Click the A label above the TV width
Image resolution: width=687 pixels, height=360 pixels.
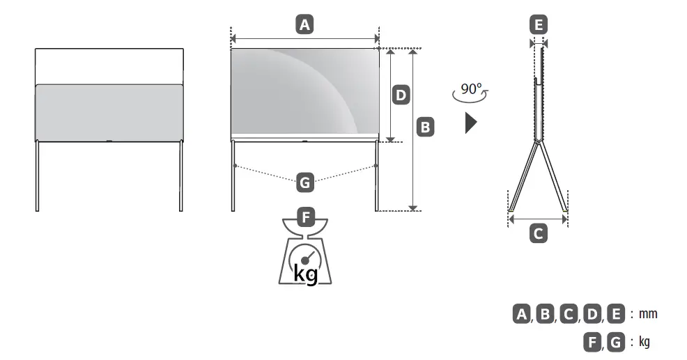click(x=304, y=26)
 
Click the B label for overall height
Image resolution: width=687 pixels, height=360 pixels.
click(x=425, y=127)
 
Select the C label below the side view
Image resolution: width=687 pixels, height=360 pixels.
click(x=538, y=234)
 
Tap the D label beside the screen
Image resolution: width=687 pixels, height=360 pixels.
click(x=401, y=95)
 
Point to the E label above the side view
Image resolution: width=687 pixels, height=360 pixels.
click(x=538, y=26)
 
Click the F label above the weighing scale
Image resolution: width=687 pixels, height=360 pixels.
click(x=304, y=216)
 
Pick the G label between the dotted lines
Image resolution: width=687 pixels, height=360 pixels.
click(x=304, y=183)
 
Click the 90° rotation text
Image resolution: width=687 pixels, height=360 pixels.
click(x=470, y=89)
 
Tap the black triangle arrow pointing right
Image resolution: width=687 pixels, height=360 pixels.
click(x=471, y=123)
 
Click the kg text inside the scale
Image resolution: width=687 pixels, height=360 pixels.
click(x=305, y=273)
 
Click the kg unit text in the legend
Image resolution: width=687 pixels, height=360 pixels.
click(x=644, y=342)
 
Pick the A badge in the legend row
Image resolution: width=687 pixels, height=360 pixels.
click(x=520, y=314)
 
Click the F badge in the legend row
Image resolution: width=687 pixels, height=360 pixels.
click(x=592, y=342)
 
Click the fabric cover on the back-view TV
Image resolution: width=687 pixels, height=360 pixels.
click(x=109, y=111)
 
